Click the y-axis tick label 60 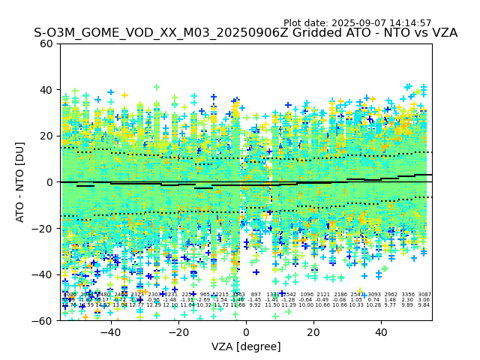(x=46, y=43)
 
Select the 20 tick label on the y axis (x=46, y=136)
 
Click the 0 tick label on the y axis (x=49, y=182)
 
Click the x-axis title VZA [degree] (x=246, y=346)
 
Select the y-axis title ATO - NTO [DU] (x=21, y=181)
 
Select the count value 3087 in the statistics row (x=424, y=295)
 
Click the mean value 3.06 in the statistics (x=424, y=300)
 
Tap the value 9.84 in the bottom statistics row (x=424, y=305)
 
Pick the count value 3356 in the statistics (x=408, y=295)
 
